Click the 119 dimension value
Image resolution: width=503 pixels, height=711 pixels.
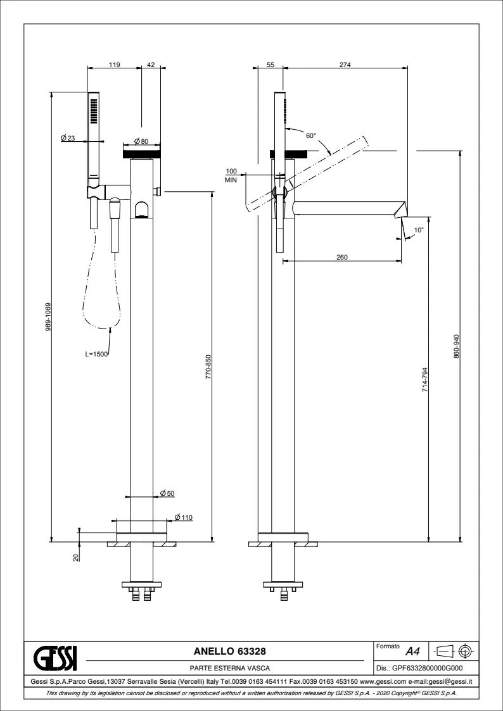point(114,65)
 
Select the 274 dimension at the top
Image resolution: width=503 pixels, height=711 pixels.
point(345,65)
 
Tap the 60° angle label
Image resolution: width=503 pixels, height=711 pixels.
point(310,135)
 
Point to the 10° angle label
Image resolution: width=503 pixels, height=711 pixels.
point(419,230)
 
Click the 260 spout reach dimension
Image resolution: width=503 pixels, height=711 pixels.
point(342,257)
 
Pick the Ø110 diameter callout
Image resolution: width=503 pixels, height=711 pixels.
point(184,517)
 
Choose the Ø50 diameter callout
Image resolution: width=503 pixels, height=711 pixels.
point(167,493)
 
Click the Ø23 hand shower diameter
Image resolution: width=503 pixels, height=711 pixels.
point(68,138)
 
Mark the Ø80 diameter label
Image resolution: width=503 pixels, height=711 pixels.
point(141,141)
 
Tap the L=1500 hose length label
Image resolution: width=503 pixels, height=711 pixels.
point(96,354)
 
